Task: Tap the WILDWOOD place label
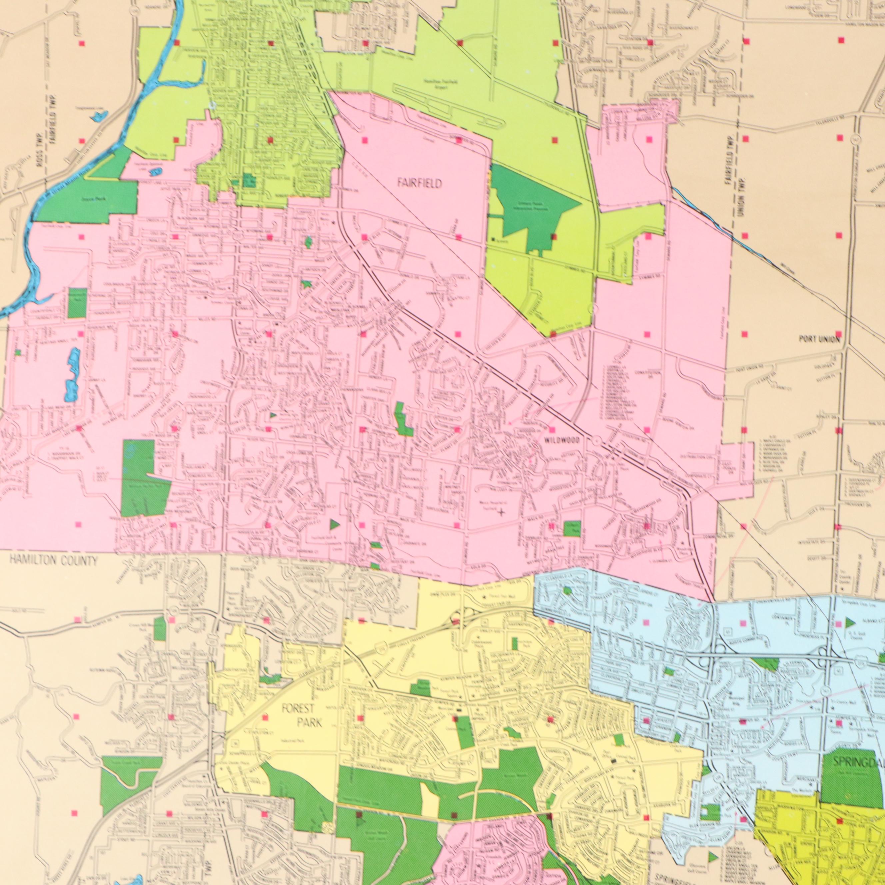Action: [x=562, y=440]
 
